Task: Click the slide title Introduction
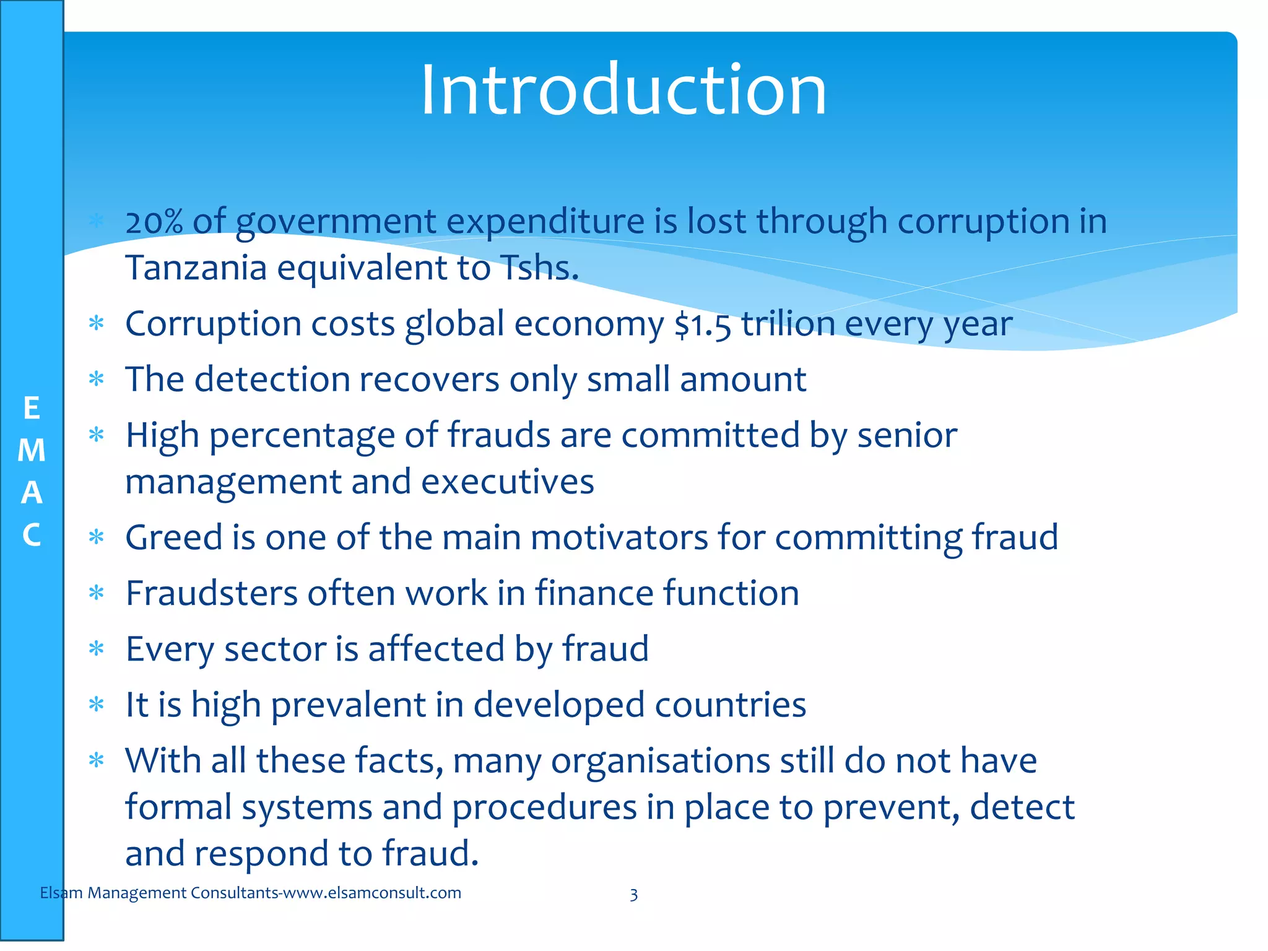(x=623, y=90)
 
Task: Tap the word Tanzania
(x=196, y=268)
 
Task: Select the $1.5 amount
(x=703, y=324)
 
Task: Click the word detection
(x=272, y=379)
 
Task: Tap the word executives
(x=508, y=482)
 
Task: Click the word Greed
(x=174, y=537)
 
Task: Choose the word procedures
(x=544, y=807)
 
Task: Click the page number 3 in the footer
(x=633, y=894)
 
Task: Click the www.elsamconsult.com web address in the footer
(x=372, y=893)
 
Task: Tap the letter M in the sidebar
(x=32, y=450)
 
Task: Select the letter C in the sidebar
(x=32, y=535)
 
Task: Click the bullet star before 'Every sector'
(x=96, y=649)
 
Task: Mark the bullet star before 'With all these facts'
(x=96, y=760)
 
